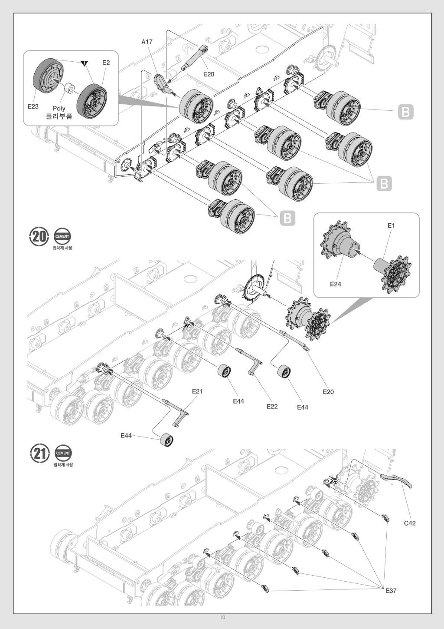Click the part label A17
point(147,42)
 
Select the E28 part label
point(209,74)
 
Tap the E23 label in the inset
point(33,106)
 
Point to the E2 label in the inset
point(106,63)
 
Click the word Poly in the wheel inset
point(59,109)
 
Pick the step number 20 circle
point(39,237)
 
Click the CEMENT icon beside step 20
point(62,237)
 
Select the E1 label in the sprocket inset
point(391,225)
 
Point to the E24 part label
point(336,284)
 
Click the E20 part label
point(328,392)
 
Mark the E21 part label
point(197,391)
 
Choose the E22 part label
point(272,407)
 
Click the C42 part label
point(410,523)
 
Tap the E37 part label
point(391,591)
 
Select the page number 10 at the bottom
point(222,618)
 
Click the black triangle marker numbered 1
point(84,63)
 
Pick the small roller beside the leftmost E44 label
point(167,440)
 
